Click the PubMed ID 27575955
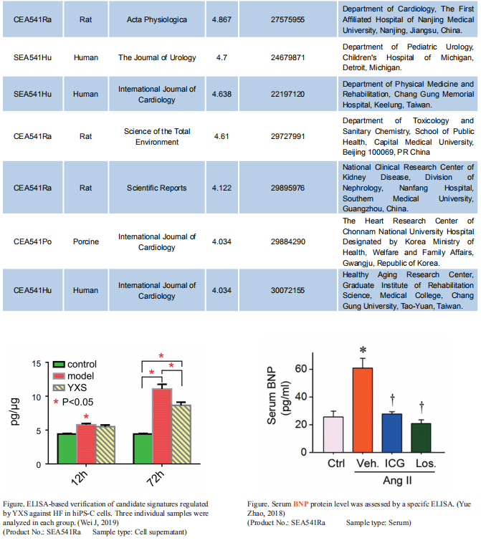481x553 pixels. tap(287, 20)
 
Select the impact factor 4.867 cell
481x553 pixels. tap(222, 20)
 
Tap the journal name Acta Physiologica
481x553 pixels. tap(157, 20)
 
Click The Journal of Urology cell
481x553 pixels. tap(157, 57)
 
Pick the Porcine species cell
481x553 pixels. tap(86, 241)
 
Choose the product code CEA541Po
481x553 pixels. tap(32, 241)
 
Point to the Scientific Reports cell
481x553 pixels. tap(157, 188)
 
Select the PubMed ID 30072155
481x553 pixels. tap(287, 290)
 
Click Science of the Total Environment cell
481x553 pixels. tap(157, 137)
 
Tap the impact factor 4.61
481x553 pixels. tap(222, 136)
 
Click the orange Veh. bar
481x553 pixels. tap(363, 410)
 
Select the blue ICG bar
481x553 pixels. tap(392, 433)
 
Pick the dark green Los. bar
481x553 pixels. tap(421, 438)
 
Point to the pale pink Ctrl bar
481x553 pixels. tap(333, 435)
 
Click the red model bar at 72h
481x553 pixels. tap(162, 426)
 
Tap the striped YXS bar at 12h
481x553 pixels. tap(105, 445)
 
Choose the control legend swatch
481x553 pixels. tap(59, 365)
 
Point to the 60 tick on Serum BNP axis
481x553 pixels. tap(311, 369)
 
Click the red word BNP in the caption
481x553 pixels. tap(300, 504)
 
